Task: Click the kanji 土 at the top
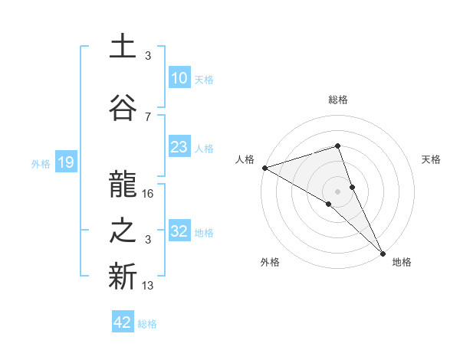tap(123, 46)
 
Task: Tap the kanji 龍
tap(123, 185)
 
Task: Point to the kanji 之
tap(123, 231)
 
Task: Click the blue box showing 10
tap(179, 79)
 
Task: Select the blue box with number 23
tap(179, 147)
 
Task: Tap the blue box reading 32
tap(179, 231)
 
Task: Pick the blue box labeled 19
tap(65, 162)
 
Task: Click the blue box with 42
tap(123, 322)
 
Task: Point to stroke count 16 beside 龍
tap(149, 194)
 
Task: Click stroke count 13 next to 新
tap(149, 286)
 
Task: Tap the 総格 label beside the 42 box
tap(147, 324)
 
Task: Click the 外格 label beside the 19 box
tap(40, 163)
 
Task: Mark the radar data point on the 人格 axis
tap(264, 168)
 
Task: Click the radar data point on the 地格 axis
tap(383, 252)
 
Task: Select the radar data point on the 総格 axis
tap(337, 146)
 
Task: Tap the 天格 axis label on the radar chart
tap(432, 159)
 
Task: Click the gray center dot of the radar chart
tap(337, 191)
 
